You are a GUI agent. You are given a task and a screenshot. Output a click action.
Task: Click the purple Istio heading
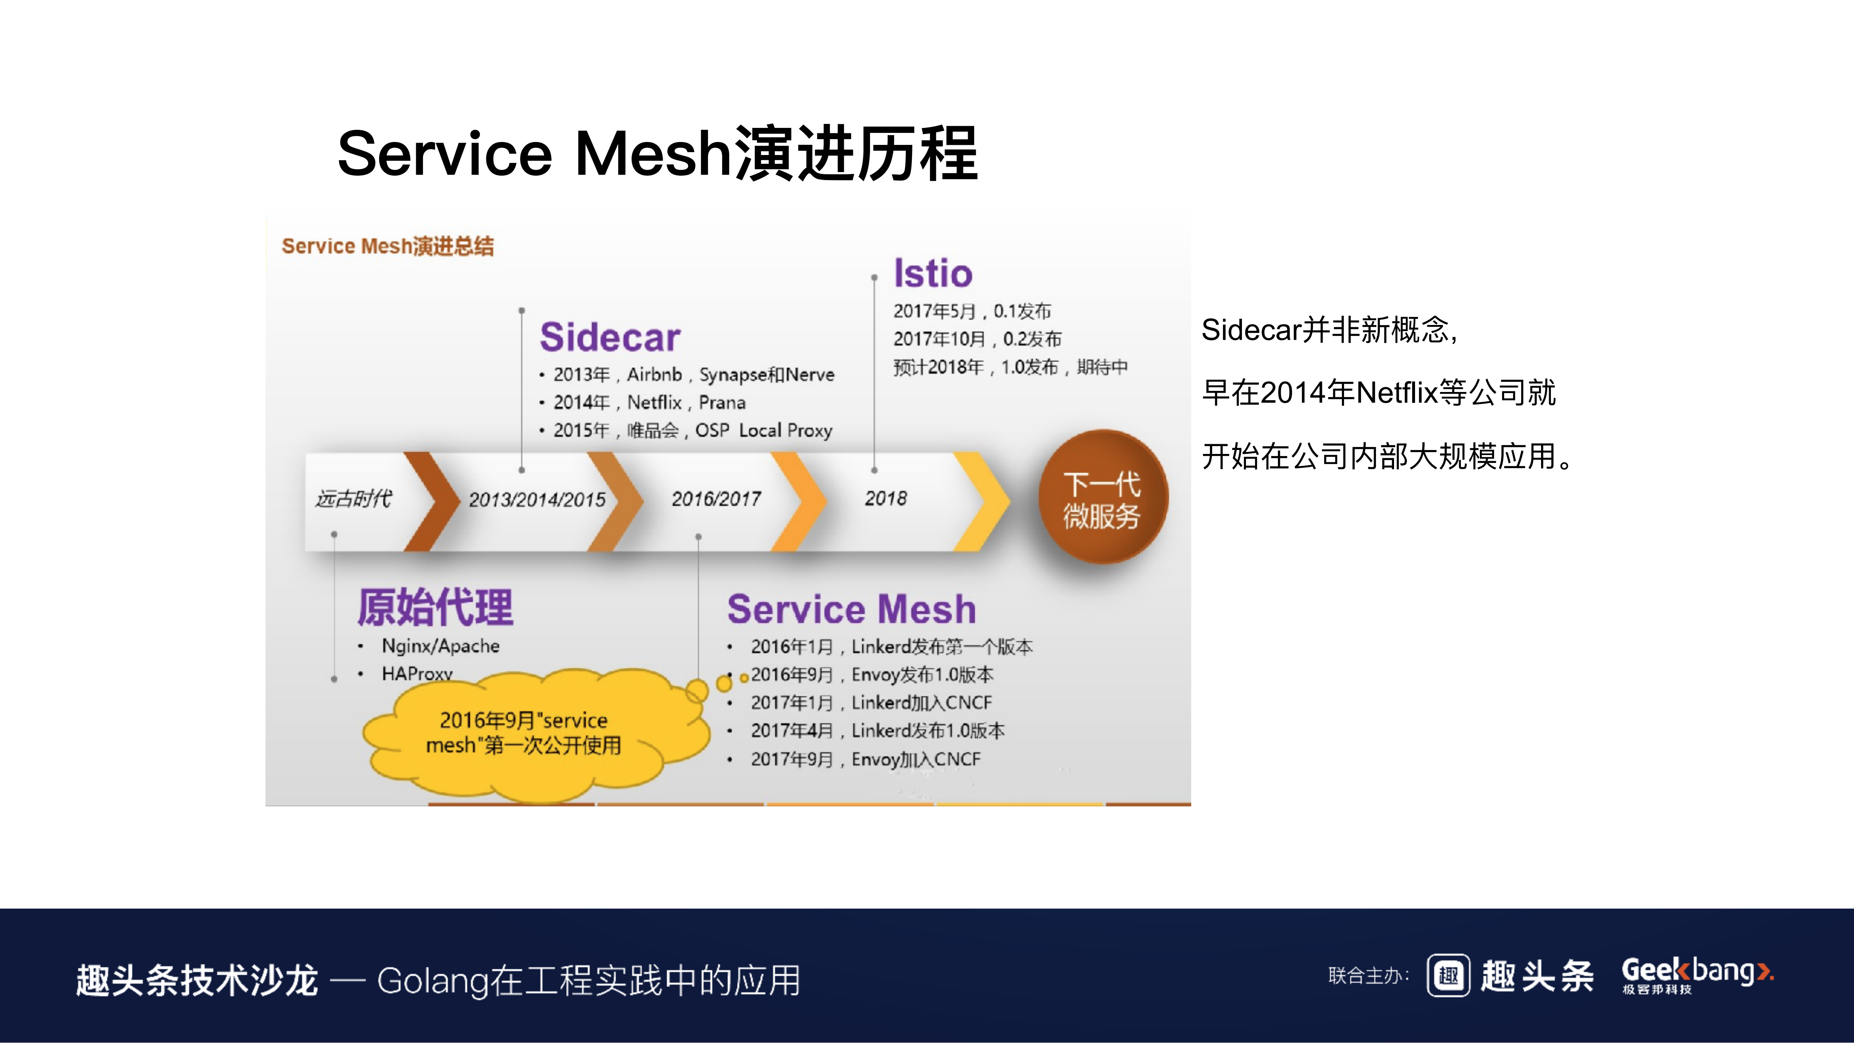(933, 274)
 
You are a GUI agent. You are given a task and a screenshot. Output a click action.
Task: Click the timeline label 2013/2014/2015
(537, 500)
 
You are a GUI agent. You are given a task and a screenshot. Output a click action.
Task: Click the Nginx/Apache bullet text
(440, 646)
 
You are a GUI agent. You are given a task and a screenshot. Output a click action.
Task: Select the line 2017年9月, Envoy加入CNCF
(865, 759)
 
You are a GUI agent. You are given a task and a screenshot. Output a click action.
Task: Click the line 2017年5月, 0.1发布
(972, 311)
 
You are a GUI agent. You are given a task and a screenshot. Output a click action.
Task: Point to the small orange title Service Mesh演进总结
(387, 246)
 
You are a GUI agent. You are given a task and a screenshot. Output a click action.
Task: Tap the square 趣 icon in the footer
(1448, 976)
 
